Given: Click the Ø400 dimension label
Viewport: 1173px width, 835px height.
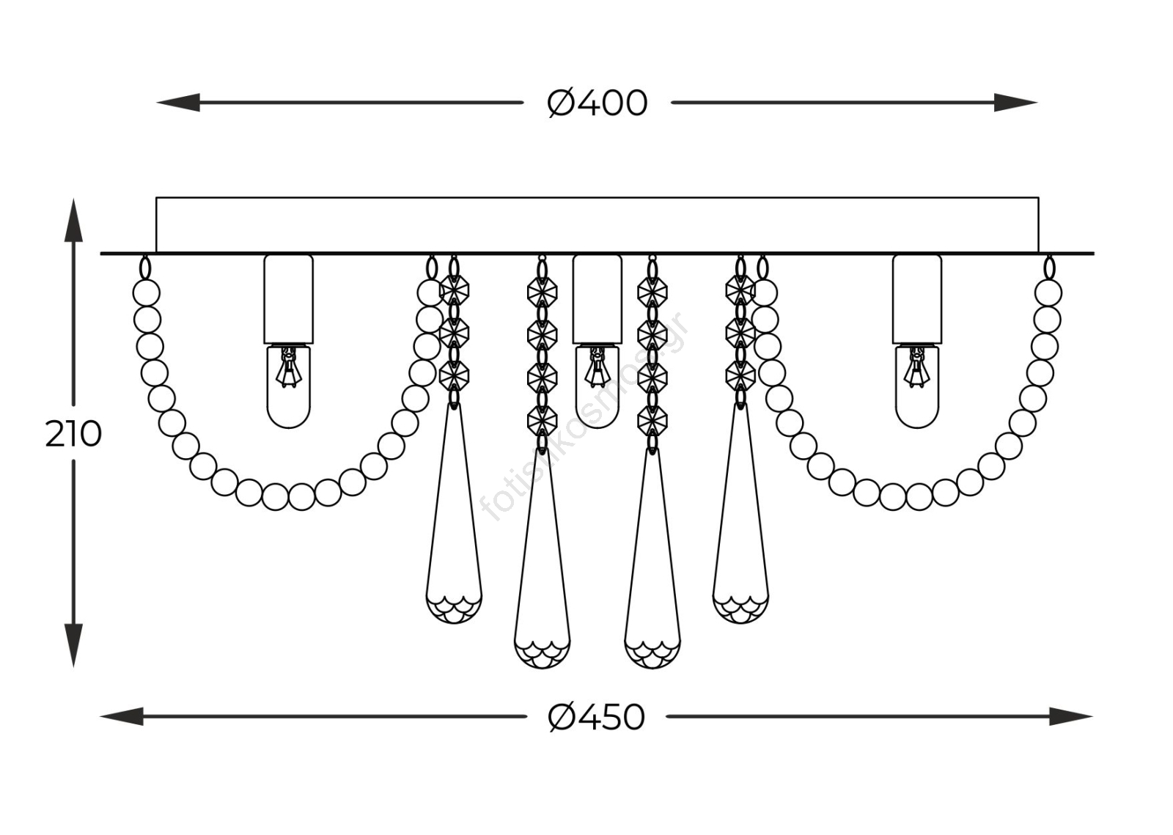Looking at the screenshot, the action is coord(597,103).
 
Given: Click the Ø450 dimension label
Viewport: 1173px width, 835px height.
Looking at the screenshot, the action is coord(597,717).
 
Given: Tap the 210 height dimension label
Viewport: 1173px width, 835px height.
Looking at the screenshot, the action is coord(73,434).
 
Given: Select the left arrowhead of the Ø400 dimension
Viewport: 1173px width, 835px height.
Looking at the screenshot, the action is coord(178,103).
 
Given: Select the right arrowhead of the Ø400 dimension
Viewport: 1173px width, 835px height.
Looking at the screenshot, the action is coord(1016,103).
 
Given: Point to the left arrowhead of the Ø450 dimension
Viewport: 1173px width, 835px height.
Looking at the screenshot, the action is coord(122,716).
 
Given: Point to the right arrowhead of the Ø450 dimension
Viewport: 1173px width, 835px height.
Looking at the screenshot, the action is coord(1071,716).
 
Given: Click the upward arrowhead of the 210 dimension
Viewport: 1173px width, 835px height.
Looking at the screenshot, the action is coord(73,220).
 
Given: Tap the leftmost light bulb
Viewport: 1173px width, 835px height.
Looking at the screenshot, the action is coord(289,386).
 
